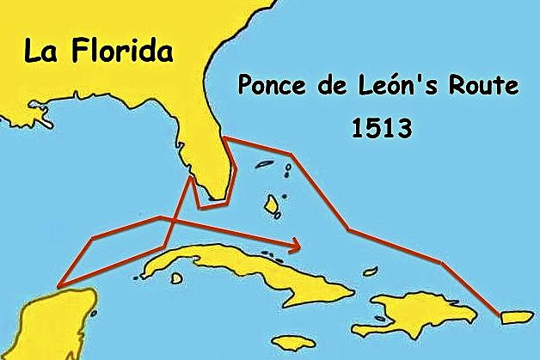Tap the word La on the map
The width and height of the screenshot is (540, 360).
tap(43, 51)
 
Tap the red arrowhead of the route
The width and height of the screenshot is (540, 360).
tap(296, 245)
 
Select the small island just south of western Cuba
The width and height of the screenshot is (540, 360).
tap(177, 278)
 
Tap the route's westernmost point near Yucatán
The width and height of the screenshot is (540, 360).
tap(58, 285)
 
